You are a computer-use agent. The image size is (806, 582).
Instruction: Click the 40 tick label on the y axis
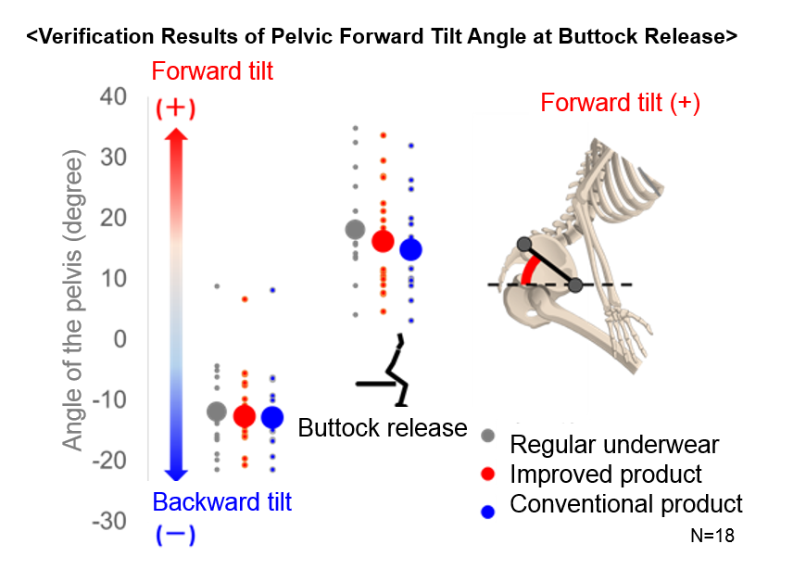tap(113, 96)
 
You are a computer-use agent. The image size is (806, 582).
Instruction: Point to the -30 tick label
tap(109, 521)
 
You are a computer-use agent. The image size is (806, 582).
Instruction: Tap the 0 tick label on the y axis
tap(120, 339)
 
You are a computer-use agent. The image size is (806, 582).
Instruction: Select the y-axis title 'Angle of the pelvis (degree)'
tap(72, 300)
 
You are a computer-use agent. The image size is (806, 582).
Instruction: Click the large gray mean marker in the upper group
tap(355, 229)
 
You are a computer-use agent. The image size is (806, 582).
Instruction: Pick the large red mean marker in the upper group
tap(383, 241)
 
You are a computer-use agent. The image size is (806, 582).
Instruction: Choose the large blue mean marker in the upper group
tap(410, 250)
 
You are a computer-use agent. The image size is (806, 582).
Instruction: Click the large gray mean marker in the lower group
tap(217, 411)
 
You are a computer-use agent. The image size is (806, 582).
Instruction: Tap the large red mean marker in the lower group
tap(245, 416)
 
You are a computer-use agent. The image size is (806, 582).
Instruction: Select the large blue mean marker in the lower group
tap(272, 417)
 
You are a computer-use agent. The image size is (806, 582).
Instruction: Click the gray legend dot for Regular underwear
tap(488, 436)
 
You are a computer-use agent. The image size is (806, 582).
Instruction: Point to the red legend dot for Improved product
tap(488, 474)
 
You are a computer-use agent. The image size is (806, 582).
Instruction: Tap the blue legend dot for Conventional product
tap(488, 512)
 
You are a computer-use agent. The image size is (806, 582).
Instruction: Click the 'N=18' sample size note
tap(712, 536)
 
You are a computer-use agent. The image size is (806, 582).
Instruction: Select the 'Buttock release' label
tap(383, 428)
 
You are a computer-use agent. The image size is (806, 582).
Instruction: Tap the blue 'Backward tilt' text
tap(222, 501)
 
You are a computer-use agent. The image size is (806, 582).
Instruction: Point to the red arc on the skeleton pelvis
tap(528, 269)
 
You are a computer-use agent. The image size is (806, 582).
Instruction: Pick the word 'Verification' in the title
tap(96, 36)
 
